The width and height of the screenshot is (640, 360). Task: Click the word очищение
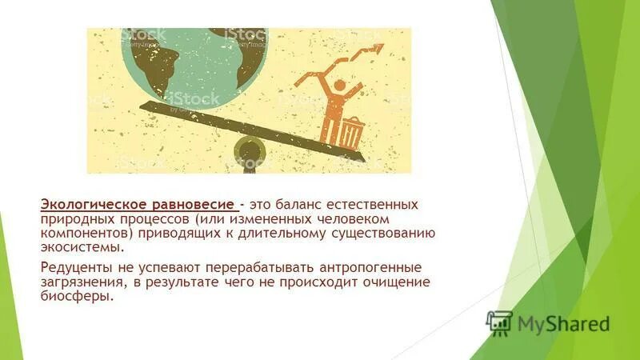click(x=399, y=282)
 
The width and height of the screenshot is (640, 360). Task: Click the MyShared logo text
click(x=563, y=323)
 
